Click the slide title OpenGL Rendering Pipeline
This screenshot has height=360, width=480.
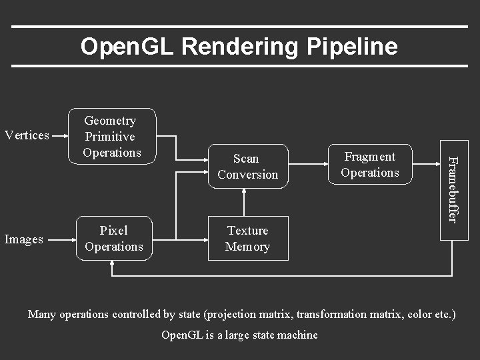(239, 47)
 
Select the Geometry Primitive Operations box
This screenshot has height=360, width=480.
(113, 137)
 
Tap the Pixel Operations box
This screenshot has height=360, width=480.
(113, 239)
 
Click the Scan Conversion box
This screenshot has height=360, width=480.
(247, 167)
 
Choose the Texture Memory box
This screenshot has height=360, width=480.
(248, 239)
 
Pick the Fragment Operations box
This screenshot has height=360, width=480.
(369, 165)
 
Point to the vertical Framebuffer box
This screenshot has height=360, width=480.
(453, 189)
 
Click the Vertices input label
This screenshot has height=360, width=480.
(27, 135)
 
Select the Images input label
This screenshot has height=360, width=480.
(24, 239)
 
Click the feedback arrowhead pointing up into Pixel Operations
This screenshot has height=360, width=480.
(113, 265)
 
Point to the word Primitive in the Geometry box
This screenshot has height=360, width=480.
(110, 137)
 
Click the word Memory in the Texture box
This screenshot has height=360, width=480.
(247, 247)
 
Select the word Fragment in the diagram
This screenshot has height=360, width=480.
(369, 157)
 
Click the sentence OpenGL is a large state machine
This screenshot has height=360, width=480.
(240, 335)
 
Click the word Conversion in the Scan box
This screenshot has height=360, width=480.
(247, 175)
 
